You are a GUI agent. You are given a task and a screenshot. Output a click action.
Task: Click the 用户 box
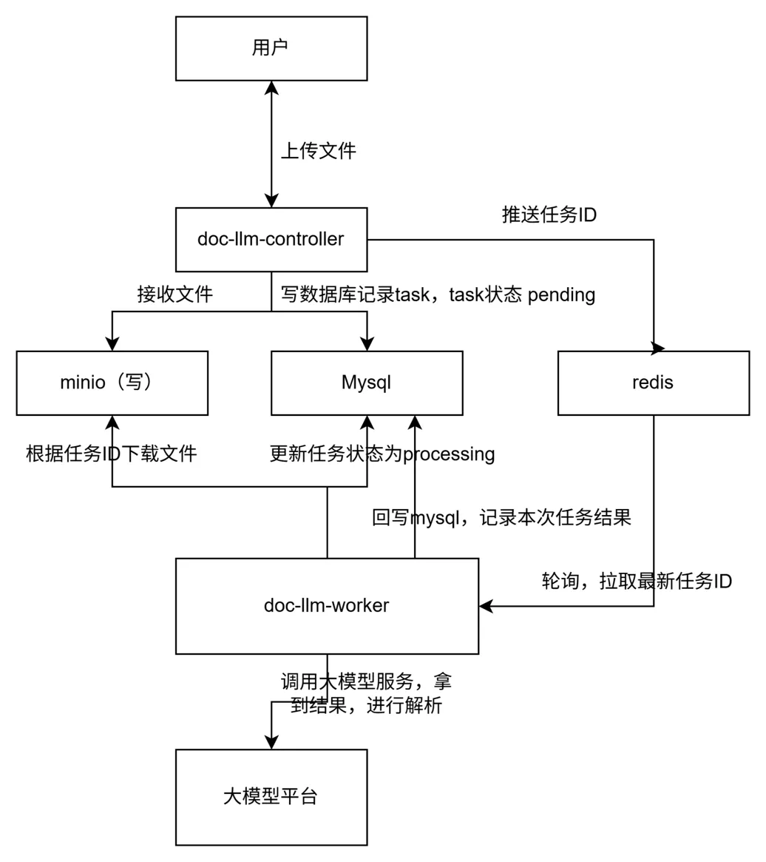271,48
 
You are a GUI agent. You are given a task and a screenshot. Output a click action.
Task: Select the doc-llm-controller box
271,239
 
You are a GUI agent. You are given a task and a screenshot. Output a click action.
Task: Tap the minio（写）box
112,383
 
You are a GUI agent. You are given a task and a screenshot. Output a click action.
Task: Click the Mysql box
366,383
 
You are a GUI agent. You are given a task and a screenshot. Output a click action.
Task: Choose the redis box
653,383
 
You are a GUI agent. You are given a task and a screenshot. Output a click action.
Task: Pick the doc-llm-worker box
327,605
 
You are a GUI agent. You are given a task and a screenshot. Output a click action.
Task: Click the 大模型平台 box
271,796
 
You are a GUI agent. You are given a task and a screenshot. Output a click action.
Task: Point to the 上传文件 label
319,152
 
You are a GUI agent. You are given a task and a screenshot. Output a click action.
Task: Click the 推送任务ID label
549,215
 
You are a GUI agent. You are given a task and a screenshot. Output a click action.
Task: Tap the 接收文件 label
175,294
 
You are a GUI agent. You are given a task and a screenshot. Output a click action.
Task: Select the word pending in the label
561,294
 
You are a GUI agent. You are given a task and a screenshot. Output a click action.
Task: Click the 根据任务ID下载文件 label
112,454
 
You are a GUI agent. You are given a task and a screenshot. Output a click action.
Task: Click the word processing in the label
448,454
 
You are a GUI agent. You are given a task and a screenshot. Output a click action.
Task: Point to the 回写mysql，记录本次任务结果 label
501,517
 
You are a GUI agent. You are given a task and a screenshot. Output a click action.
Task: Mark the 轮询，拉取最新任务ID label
637,581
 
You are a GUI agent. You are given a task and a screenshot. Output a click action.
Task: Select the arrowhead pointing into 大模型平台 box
271,741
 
